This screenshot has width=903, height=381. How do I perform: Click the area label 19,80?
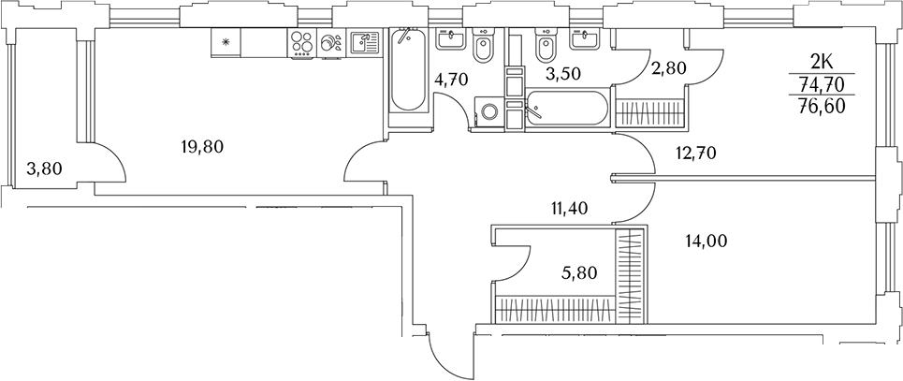[203, 146]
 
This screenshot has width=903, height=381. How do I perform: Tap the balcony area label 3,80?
[44, 169]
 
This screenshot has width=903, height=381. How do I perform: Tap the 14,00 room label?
[706, 241]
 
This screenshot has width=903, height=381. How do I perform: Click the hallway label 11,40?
[569, 210]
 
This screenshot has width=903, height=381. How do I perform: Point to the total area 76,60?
[821, 106]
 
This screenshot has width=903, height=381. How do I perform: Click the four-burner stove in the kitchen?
[301, 43]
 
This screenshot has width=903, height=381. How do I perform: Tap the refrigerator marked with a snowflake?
[226, 42]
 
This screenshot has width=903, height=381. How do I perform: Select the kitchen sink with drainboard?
[363, 42]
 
